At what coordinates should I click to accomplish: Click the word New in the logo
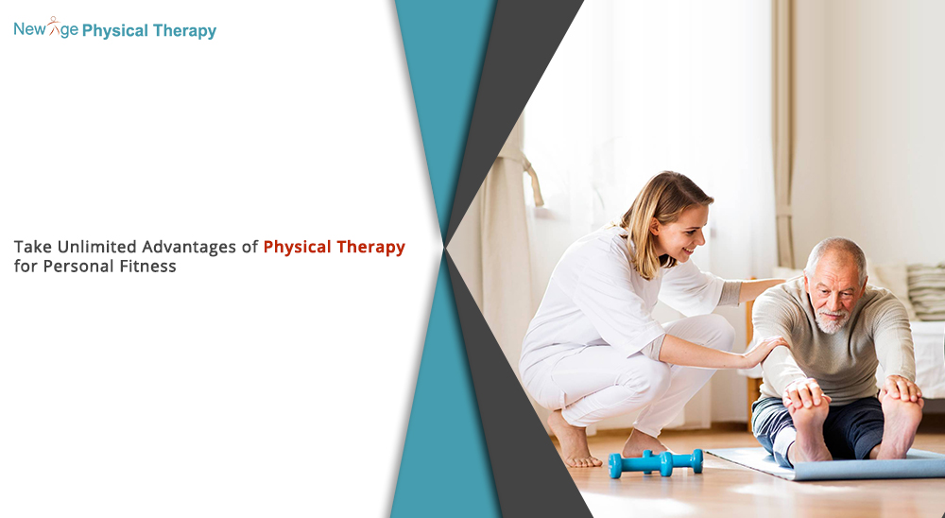[x=29, y=28]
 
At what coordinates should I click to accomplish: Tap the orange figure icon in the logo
[x=54, y=26]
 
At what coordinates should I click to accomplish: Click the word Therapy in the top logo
[x=184, y=31]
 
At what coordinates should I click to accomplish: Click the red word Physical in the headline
[x=297, y=248]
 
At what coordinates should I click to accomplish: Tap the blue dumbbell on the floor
[x=655, y=463]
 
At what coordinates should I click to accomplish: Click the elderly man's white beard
[x=833, y=321]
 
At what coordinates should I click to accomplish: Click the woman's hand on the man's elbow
[x=764, y=351]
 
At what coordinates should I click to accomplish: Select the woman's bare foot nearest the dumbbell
[x=642, y=445]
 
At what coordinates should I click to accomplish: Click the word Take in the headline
[x=33, y=247]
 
